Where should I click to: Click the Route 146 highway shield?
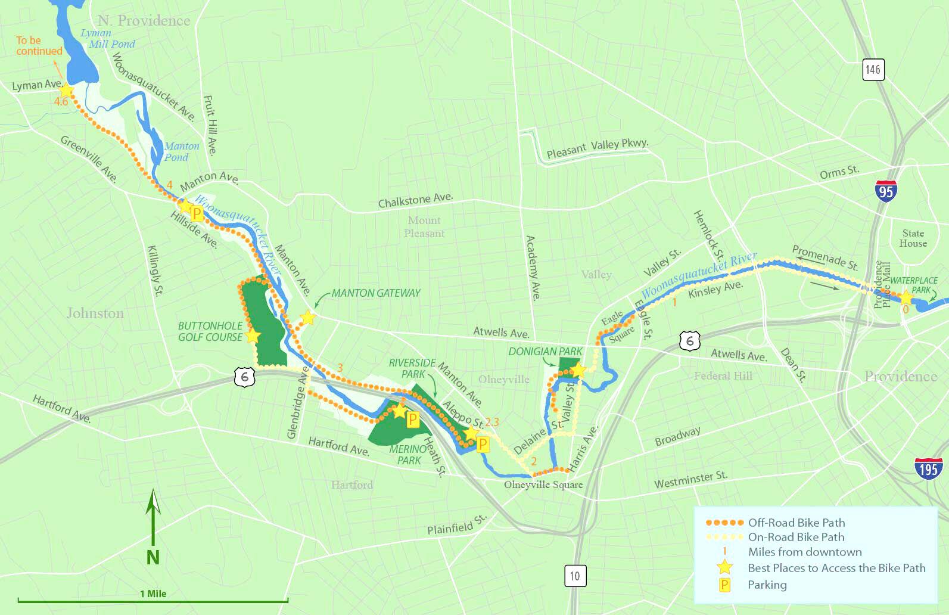tap(873, 69)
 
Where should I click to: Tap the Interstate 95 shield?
tap(886, 191)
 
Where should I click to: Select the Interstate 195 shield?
tap(928, 469)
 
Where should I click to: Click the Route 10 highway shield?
tap(574, 576)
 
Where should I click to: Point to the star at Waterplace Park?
tap(906, 297)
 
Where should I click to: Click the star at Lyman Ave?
tap(66, 90)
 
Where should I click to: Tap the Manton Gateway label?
tap(375, 293)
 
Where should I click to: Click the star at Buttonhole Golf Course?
tap(253, 336)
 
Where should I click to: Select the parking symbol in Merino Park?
tap(412, 420)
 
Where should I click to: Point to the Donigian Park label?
tap(544, 352)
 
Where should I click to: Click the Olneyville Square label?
tap(543, 484)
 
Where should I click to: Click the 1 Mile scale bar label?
tap(153, 594)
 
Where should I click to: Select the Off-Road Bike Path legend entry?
tap(796, 523)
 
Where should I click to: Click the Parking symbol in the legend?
tap(724, 585)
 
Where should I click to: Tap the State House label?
tap(913, 238)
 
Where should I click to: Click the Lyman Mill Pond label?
tap(107, 38)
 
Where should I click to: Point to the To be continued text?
tap(39, 45)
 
